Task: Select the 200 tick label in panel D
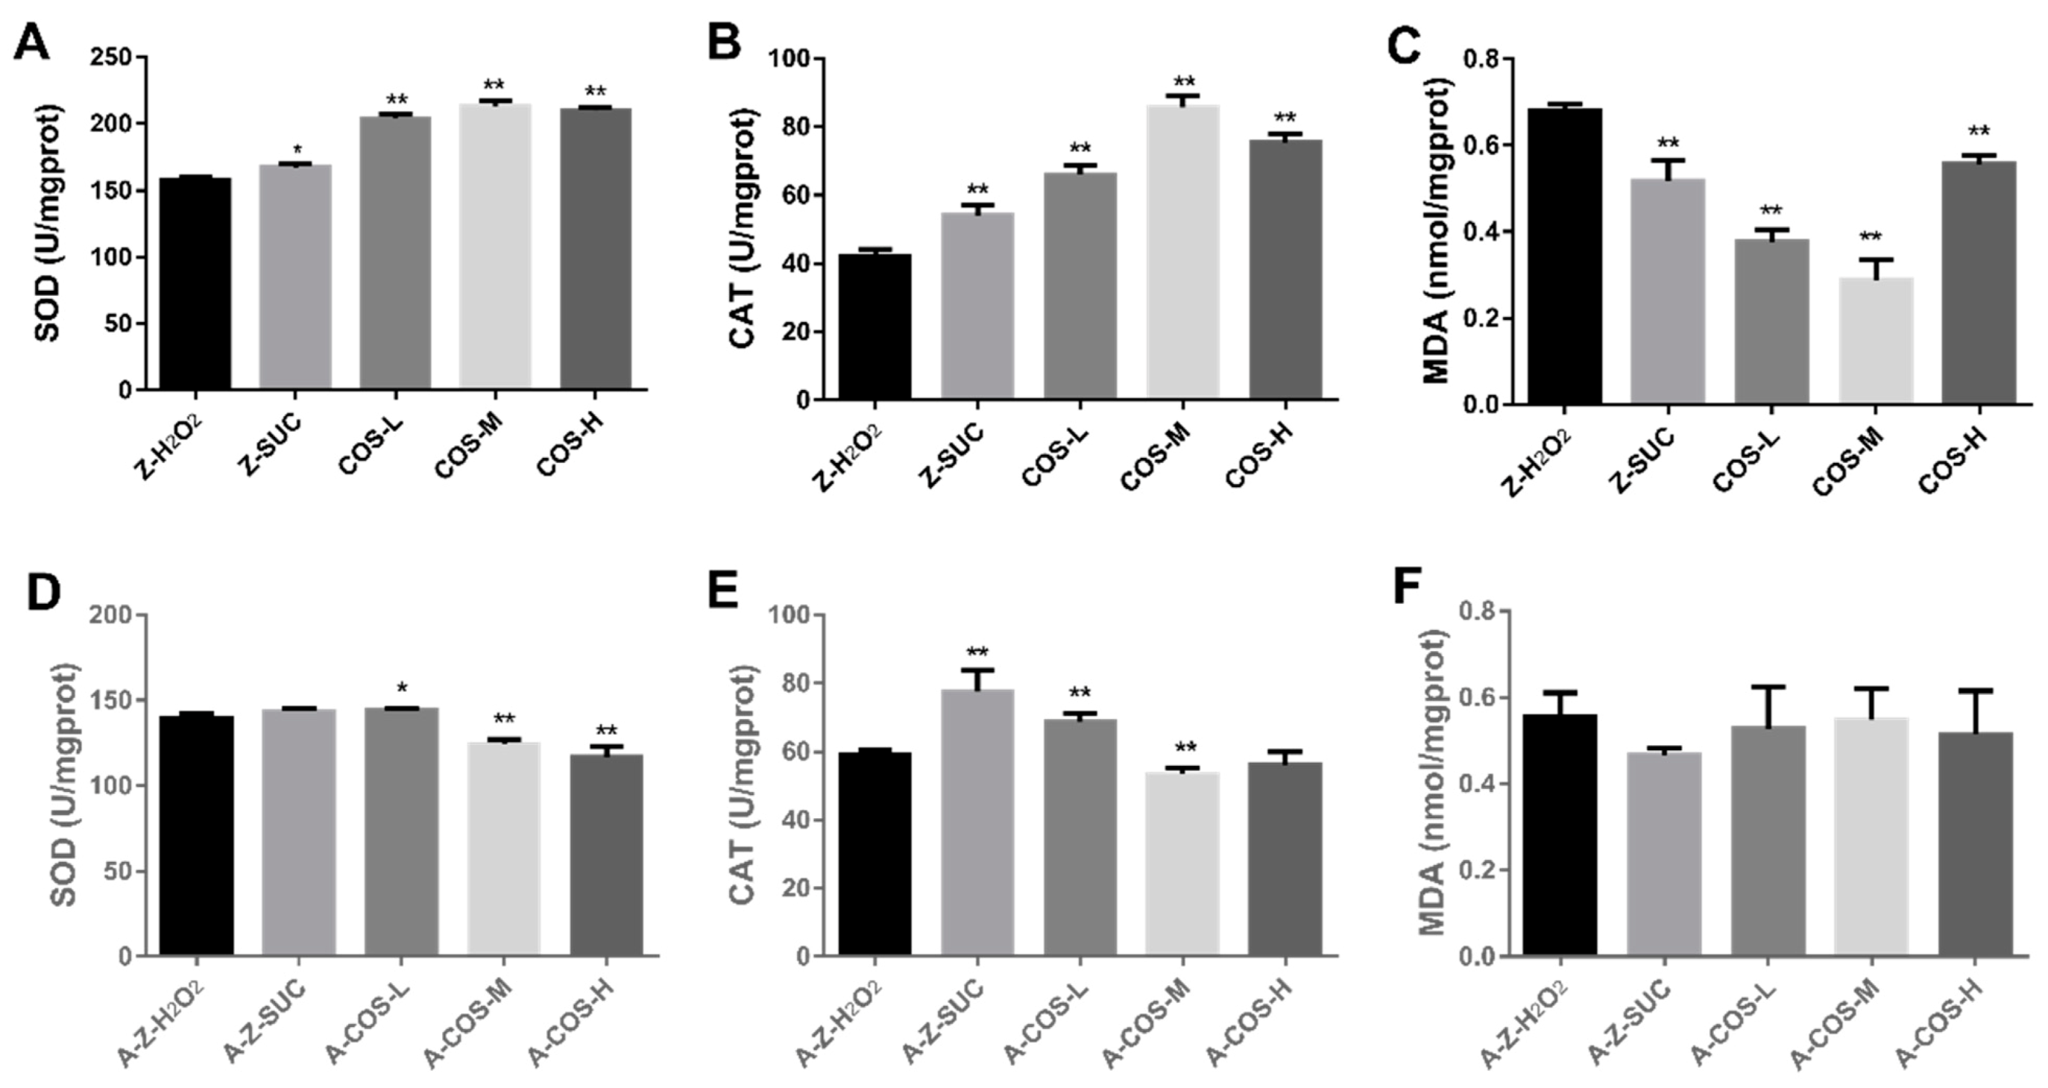coord(111,615)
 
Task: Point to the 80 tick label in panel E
coord(798,684)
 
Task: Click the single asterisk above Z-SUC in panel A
coord(297,150)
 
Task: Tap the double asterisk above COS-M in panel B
coord(1185,82)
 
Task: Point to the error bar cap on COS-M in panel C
coord(1875,260)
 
